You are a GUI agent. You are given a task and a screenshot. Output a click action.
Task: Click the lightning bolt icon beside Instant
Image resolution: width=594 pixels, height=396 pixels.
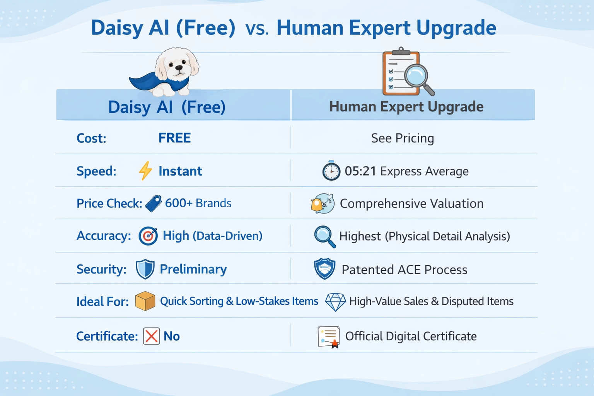145,171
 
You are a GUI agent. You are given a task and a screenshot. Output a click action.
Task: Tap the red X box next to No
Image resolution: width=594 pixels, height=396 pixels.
151,336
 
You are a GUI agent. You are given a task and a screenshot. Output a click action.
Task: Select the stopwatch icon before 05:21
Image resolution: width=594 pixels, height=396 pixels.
331,171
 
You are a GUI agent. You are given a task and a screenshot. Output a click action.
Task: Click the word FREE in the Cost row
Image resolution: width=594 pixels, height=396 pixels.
174,138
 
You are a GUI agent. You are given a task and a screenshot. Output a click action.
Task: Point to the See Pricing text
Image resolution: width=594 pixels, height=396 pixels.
402,138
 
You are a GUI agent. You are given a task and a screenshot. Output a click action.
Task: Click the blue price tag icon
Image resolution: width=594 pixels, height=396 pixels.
154,203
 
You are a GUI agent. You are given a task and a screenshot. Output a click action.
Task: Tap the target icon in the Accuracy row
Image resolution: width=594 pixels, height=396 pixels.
148,236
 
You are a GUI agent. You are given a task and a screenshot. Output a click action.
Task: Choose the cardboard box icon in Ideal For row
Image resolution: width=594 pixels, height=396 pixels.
145,301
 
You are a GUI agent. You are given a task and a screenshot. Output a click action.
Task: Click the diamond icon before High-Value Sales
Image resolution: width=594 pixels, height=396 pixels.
335,302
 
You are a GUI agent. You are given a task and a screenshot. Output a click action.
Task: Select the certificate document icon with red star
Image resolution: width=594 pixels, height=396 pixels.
329,336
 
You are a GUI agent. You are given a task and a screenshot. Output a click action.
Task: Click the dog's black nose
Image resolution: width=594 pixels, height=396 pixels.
179,68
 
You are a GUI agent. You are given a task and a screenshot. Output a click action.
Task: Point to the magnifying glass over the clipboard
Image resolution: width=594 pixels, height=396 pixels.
417,76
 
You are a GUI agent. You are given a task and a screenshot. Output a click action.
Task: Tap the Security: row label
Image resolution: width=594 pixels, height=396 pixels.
101,269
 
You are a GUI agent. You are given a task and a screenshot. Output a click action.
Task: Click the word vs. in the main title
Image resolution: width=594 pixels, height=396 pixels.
257,29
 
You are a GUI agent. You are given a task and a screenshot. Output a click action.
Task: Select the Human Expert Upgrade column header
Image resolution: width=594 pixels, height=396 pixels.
406,107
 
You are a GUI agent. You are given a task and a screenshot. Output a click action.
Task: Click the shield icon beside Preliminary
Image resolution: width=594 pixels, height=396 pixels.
145,269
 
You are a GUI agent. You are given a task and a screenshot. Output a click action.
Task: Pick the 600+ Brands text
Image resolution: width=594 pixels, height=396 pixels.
198,203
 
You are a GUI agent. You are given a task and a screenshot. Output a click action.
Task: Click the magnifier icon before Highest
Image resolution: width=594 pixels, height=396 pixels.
324,236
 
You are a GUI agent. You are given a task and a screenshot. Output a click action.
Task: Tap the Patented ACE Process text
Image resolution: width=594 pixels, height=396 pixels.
404,270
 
